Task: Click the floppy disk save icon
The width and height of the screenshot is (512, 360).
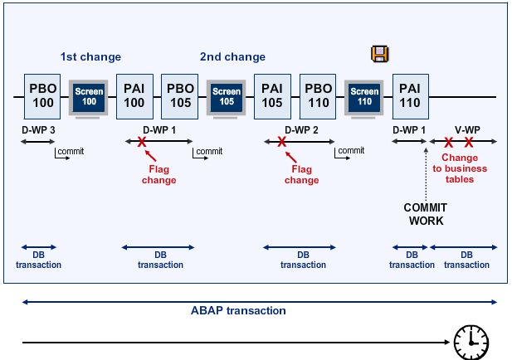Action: (x=379, y=55)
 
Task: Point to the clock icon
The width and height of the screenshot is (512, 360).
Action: (x=471, y=341)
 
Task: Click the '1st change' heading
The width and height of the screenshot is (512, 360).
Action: (x=90, y=57)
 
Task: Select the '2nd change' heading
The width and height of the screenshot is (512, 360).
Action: (x=232, y=57)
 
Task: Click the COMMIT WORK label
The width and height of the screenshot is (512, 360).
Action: (x=425, y=214)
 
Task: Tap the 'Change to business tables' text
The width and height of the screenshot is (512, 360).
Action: (x=464, y=168)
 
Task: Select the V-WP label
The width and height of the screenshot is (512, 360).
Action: (x=466, y=130)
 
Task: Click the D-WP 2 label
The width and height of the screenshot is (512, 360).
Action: (x=302, y=130)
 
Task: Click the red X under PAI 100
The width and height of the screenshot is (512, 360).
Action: (x=142, y=142)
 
